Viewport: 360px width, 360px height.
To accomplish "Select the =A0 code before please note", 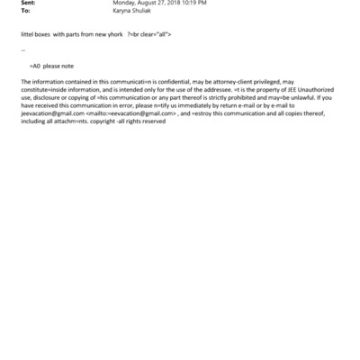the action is tap(36, 66).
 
